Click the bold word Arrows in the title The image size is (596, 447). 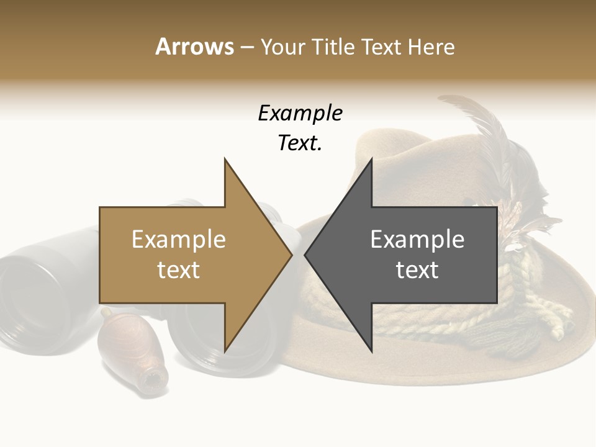coord(194,47)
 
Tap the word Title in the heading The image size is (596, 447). coord(332,47)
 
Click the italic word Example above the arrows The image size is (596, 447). coord(300,114)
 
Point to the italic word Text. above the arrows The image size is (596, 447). coord(300,143)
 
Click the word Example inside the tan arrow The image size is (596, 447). coord(179,240)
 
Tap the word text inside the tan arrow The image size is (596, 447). coord(179,270)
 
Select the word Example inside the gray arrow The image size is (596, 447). coord(417,240)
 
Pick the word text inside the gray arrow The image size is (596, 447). coord(417,270)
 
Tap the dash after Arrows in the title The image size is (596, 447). coord(247,48)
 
